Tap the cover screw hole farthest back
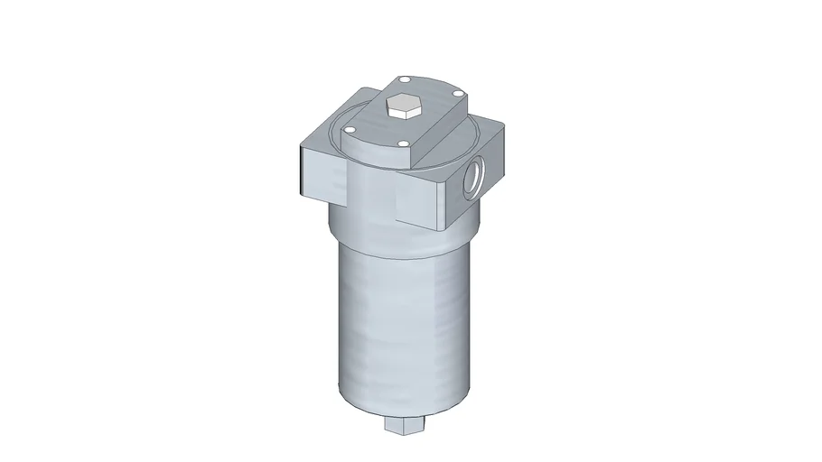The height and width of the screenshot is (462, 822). pyautogui.click(x=404, y=80)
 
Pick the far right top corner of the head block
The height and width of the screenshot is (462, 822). pyautogui.click(x=502, y=126)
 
